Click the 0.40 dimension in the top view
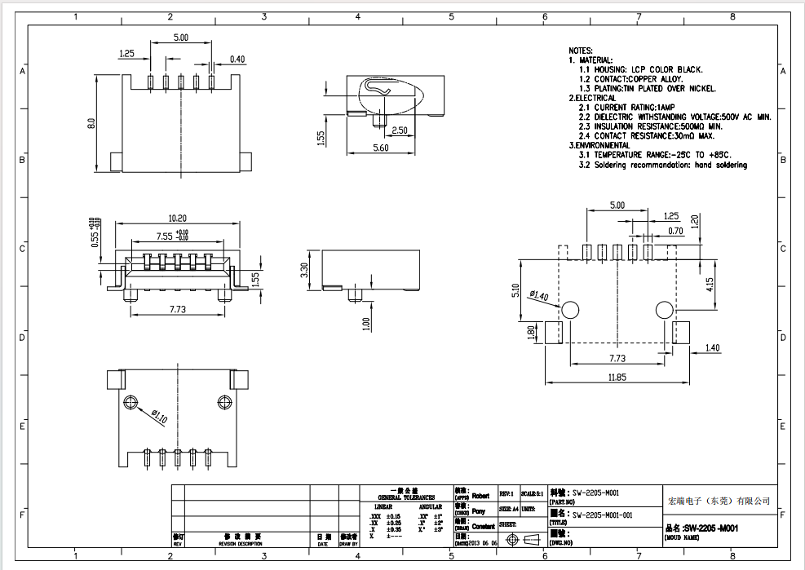pos(237,60)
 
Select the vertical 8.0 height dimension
pos(91,123)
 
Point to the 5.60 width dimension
pos(381,148)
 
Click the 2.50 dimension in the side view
pos(400,130)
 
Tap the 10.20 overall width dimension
pos(177,219)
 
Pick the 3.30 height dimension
pos(304,270)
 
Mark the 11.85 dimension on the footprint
pos(617,378)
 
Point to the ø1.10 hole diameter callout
pos(159,417)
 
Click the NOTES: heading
pos(581,51)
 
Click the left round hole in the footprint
pos(570,309)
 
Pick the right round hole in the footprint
pos(665,309)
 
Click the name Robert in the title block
pos(481,495)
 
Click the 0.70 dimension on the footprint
pos(675,231)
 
